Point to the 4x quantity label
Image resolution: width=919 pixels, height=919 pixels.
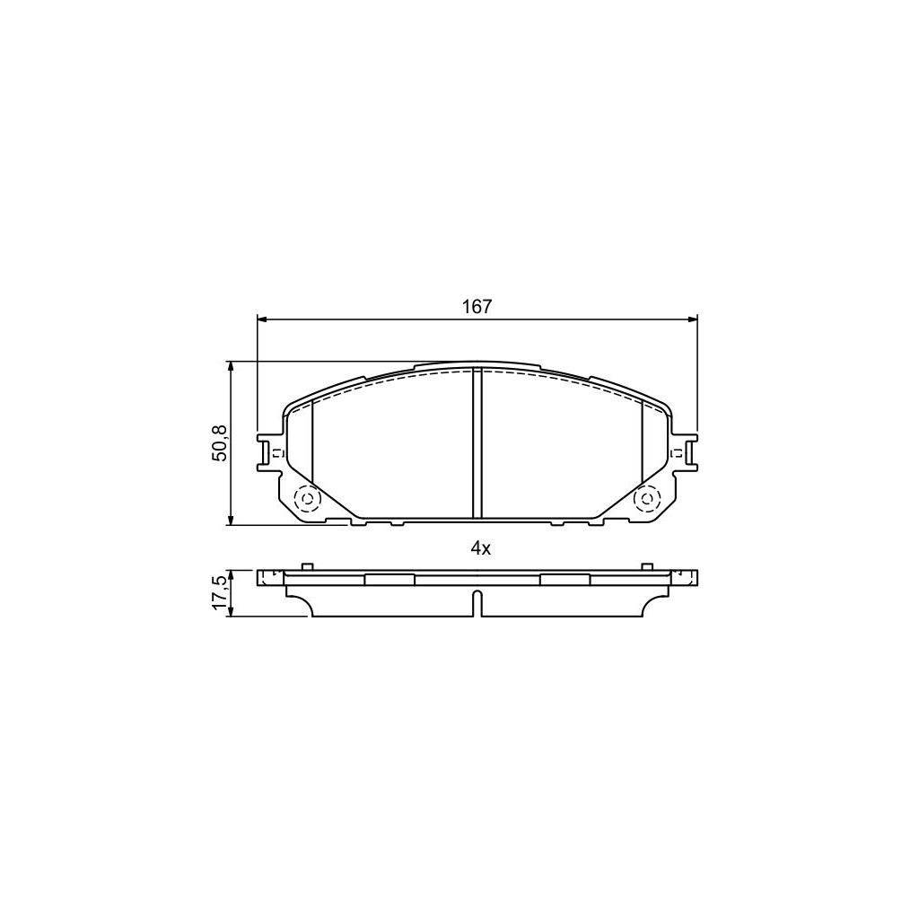point(480,548)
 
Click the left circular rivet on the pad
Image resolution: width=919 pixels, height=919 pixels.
point(307,499)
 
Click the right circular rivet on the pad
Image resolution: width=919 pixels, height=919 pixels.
point(648,499)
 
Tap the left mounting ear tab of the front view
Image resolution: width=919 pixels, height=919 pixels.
point(269,452)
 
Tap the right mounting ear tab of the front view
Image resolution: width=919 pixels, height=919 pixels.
point(685,452)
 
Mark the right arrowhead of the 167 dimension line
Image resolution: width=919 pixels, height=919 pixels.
point(693,319)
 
